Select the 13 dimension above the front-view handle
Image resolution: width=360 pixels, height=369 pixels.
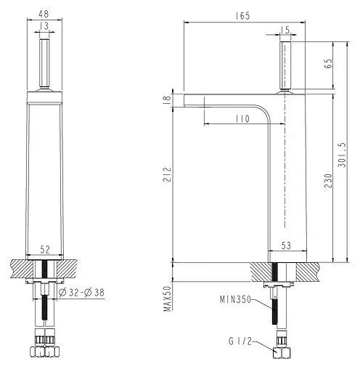pos(44,27)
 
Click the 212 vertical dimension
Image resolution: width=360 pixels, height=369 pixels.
pos(167,174)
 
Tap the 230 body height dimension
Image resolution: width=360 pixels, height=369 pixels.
pos(329,178)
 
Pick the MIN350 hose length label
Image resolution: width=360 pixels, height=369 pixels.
pos(235,299)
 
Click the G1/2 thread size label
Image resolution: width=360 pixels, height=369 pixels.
pos(241,341)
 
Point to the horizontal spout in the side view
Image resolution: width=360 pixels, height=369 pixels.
pos(225,98)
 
